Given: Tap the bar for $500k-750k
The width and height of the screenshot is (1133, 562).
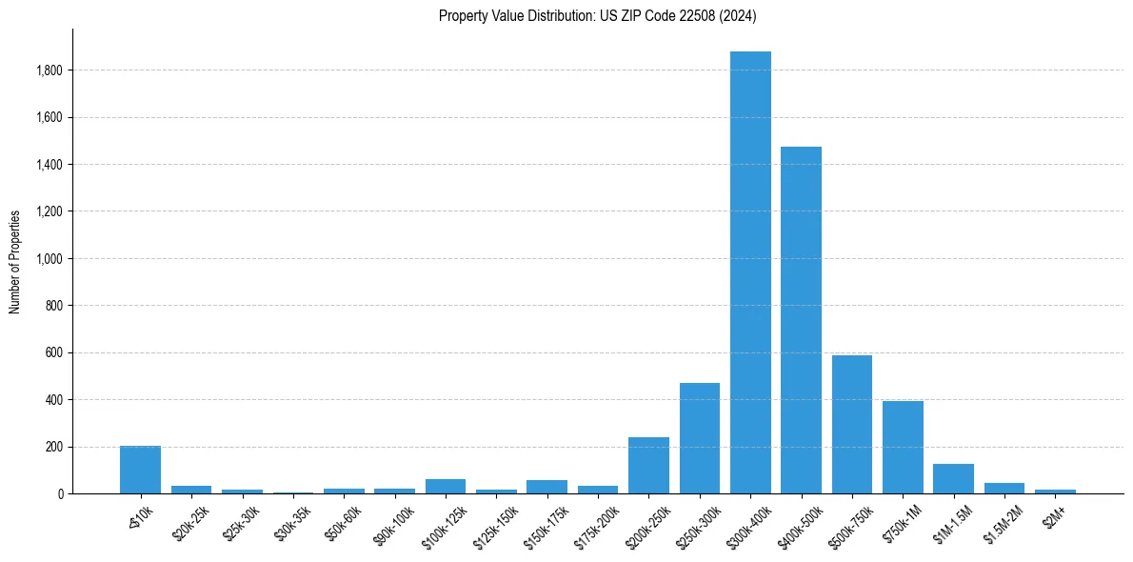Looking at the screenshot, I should (852, 425).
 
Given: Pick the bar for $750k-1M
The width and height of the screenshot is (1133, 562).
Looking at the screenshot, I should (903, 448).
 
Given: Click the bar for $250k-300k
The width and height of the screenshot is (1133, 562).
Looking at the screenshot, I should (700, 438).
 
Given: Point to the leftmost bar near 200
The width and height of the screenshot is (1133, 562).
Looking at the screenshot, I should (140, 470).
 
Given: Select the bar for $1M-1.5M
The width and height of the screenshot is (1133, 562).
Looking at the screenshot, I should (953, 479).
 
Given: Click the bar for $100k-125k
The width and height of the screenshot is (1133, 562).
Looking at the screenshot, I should (446, 487).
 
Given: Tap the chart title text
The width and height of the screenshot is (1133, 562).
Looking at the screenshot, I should (598, 15).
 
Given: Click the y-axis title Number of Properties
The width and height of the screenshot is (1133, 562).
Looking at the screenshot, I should (15, 261).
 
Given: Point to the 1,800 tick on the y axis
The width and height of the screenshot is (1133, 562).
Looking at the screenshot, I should (50, 70).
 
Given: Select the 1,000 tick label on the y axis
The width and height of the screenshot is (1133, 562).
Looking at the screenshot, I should (50, 258).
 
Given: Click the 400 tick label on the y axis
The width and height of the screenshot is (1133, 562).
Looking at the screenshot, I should (53, 399).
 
